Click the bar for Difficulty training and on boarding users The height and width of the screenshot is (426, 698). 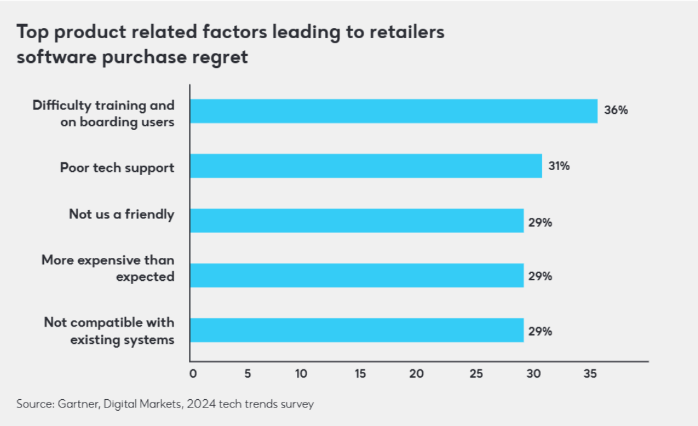[394, 111]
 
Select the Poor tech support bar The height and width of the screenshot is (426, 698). [366, 166]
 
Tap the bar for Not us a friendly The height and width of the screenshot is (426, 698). [357, 220]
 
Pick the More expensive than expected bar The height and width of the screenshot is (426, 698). [357, 275]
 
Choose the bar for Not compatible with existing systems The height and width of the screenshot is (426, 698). [357, 330]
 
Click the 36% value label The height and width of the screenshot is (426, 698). [616, 110]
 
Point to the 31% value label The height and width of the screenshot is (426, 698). [559, 166]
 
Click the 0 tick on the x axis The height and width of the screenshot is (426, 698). [193, 374]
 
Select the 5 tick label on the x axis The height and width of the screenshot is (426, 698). [248, 374]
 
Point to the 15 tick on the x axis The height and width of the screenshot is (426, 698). [360, 374]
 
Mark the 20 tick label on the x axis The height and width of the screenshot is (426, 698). [416, 374]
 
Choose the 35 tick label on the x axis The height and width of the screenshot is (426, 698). [590, 374]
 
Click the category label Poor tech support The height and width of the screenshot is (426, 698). [117, 167]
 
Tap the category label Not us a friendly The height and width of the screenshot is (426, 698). [121, 215]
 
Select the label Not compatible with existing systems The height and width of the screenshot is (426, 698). [109, 331]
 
